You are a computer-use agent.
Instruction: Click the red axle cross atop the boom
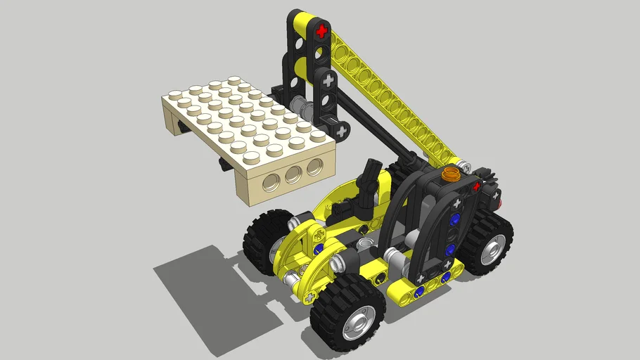coord(322,31)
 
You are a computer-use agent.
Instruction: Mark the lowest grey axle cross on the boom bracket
coord(342,131)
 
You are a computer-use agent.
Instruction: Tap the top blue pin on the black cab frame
coord(455,219)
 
